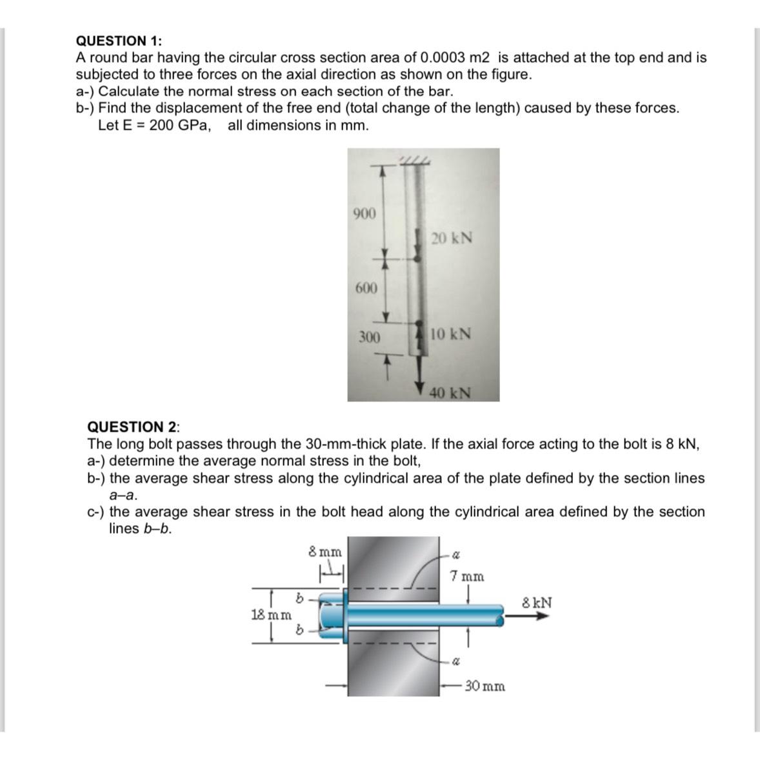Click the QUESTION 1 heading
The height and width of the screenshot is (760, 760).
[119, 41]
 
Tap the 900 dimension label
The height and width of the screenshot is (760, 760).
[365, 214]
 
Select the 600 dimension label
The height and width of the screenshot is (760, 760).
[366, 288]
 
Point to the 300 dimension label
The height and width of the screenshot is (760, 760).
[369, 337]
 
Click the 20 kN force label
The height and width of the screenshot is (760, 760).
[452, 238]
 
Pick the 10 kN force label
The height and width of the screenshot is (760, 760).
[450, 334]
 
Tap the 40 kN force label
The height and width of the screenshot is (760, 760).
[450, 392]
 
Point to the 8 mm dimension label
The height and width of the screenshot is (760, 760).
[325, 552]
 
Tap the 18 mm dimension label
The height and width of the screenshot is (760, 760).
[270, 614]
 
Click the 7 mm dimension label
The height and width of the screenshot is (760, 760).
[467, 575]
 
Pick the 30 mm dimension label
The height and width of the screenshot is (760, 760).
[485, 686]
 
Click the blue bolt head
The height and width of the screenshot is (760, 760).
[332, 615]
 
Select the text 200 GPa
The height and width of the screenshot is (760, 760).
[179, 125]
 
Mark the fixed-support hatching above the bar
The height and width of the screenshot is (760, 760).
[414, 159]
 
